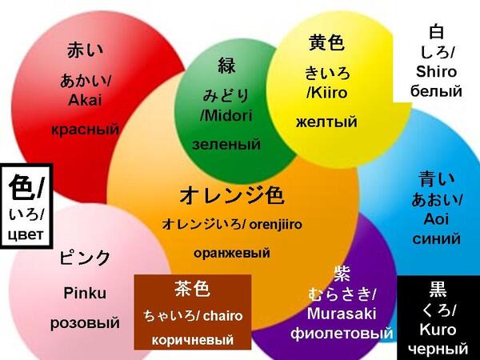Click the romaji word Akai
85,100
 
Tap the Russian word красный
85,129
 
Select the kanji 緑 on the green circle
227,66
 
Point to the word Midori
228,116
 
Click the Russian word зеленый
226,144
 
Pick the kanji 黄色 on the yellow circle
326,42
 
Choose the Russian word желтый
326,122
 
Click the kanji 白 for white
437,32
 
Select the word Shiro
436,72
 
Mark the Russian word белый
436,91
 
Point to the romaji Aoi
436,219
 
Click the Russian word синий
436,238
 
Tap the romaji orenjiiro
275,225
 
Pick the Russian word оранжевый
232,253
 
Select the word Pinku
85,293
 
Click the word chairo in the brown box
223,316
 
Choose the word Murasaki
342,314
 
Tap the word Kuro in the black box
438,330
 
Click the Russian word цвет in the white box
26,234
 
